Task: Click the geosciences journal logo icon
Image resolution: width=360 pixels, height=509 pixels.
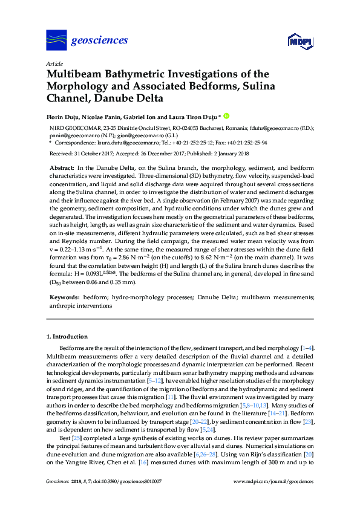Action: click(x=56, y=40)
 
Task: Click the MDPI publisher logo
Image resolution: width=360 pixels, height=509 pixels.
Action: click(x=299, y=41)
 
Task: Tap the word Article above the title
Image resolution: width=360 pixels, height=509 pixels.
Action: click(x=54, y=63)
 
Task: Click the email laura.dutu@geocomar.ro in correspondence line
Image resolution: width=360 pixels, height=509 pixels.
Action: click(x=114, y=144)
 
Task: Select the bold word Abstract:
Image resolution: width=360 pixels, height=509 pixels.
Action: click(x=61, y=167)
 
